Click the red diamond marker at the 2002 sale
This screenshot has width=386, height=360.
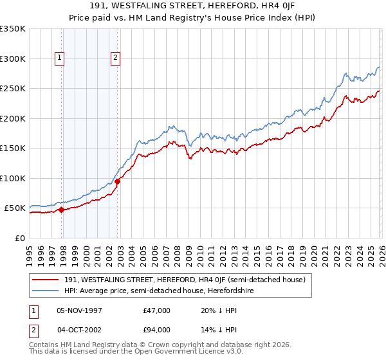pyautogui.click(x=118, y=181)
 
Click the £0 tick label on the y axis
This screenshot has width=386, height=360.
pyautogui.click(x=19, y=238)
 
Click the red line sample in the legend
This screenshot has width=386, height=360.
pyautogui.click(x=46, y=280)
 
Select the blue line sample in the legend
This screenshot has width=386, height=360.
pyautogui.click(x=46, y=291)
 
